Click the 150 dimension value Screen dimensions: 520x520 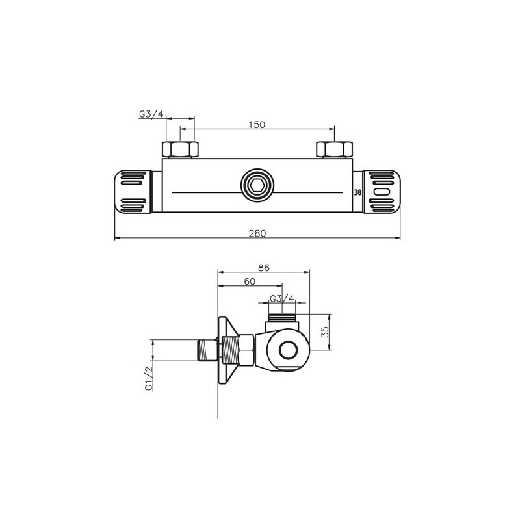pyautogui.click(x=257, y=125)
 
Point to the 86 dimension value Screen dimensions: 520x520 pyautogui.click(x=263, y=266)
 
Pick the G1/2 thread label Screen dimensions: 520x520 pyautogui.click(x=149, y=379)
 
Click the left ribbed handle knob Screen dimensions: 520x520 pyautogui.click(x=136, y=192)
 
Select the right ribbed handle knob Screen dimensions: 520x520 pyautogui.click(x=382, y=192)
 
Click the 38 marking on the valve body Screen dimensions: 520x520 pyautogui.click(x=357, y=193)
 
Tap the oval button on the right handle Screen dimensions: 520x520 pyautogui.click(x=383, y=193)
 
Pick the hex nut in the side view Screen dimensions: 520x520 pyautogui.click(x=246, y=351)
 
